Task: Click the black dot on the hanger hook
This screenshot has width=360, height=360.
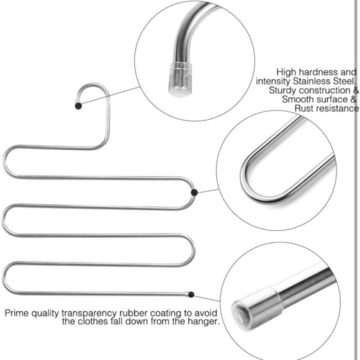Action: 78,106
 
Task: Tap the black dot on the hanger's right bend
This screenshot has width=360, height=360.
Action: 194,193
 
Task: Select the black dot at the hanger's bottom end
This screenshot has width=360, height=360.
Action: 191,294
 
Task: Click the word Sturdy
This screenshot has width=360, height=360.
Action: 283,90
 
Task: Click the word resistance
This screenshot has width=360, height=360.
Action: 338,109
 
